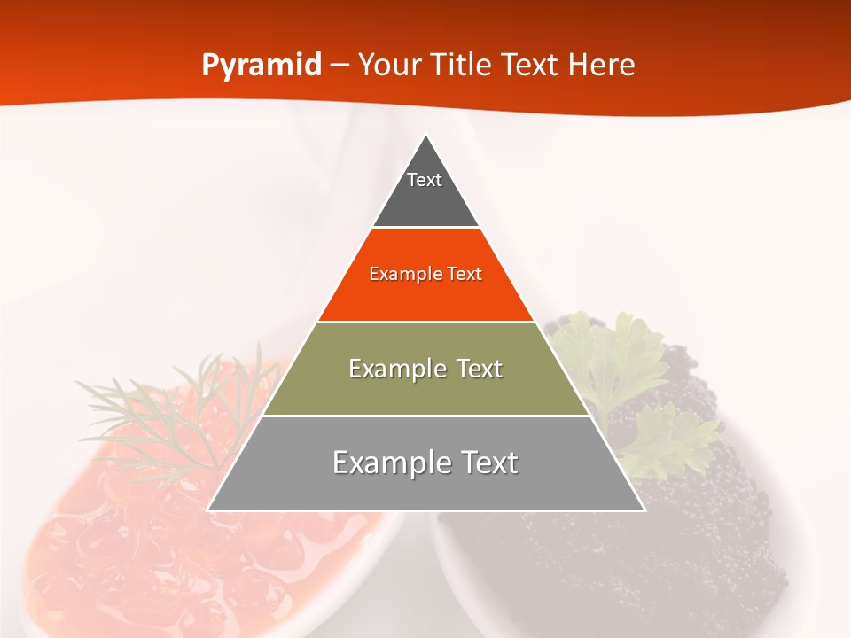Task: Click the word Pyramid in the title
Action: tap(262, 66)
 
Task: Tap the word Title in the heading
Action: tap(461, 66)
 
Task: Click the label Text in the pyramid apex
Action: tap(425, 180)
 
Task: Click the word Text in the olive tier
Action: tap(473, 369)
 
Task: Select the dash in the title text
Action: tap(340, 66)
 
